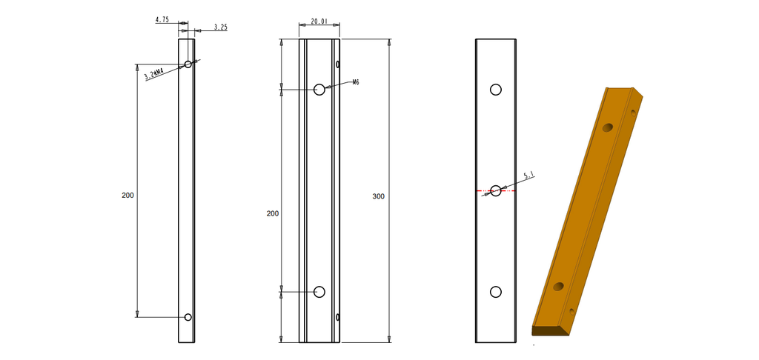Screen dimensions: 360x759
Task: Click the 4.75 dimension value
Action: [x=162, y=21]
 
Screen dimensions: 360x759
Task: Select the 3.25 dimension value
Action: [x=220, y=27]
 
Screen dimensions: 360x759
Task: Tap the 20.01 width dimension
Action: [x=319, y=22]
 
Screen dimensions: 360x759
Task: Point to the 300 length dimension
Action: [x=379, y=196]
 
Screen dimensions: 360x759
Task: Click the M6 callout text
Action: [x=356, y=82]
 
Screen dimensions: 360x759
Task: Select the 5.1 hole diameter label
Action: [x=529, y=176]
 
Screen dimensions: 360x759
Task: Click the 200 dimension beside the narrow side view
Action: [x=127, y=196]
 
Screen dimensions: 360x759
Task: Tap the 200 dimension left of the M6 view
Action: [x=272, y=213]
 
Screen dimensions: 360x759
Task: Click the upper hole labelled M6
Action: [x=319, y=90]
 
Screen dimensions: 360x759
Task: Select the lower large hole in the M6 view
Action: [x=319, y=292]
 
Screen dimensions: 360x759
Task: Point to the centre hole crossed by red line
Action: [x=496, y=191]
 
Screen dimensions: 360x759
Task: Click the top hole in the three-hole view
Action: [x=496, y=90]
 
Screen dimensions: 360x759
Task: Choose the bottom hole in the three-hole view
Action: [x=496, y=292]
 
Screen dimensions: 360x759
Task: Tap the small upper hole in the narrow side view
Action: [x=188, y=64]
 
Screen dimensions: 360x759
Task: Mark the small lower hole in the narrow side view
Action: [x=188, y=317]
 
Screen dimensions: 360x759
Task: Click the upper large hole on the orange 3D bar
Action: [x=608, y=127]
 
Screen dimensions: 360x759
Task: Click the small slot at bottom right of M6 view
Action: [x=338, y=318]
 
